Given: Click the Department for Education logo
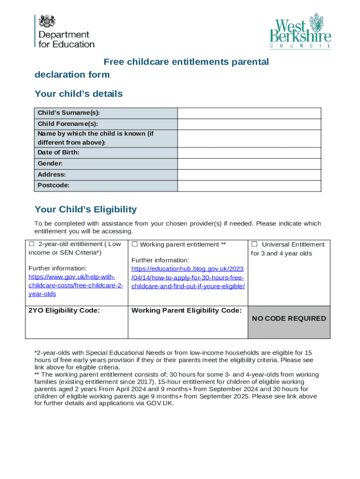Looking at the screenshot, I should [65, 31].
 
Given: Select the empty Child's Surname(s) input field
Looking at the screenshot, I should [249, 113].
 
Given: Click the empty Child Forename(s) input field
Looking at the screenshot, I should [249, 124].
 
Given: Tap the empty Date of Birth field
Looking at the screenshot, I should [249, 153].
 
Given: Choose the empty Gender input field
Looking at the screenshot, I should [249, 164].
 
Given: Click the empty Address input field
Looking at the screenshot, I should [249, 175].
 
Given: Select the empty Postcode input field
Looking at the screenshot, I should [249, 186].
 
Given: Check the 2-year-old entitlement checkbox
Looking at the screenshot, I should [32, 244].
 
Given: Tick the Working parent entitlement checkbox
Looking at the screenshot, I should [135, 244].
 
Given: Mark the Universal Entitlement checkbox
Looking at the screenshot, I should [254, 244].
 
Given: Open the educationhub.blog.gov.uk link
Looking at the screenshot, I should [188, 277].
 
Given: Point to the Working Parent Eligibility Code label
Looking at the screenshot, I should [187, 310].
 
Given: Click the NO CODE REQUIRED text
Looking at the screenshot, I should [289, 319].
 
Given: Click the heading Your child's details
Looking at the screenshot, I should [79, 94].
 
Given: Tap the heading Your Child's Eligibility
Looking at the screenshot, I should [86, 209].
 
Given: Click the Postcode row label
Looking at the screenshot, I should [54, 186].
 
